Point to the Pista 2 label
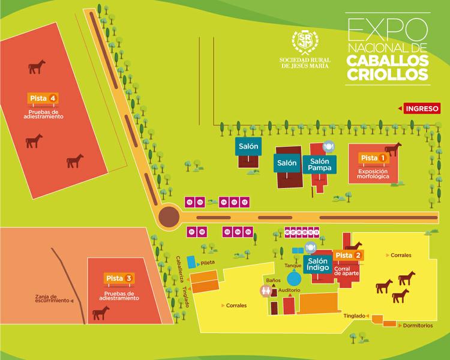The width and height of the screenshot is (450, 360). [349, 256]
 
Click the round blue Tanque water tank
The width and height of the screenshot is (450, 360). [294, 278]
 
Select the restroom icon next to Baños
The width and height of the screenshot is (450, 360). [267, 290]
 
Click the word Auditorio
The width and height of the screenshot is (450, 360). [289, 290]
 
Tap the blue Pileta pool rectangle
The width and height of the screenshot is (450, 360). [192, 262]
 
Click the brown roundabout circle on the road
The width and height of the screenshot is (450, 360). [169, 216]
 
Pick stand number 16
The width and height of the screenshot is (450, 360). [190, 202]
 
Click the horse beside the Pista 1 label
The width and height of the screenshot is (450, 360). [393, 149]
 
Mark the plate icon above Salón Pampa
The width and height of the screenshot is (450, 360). [328, 146]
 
